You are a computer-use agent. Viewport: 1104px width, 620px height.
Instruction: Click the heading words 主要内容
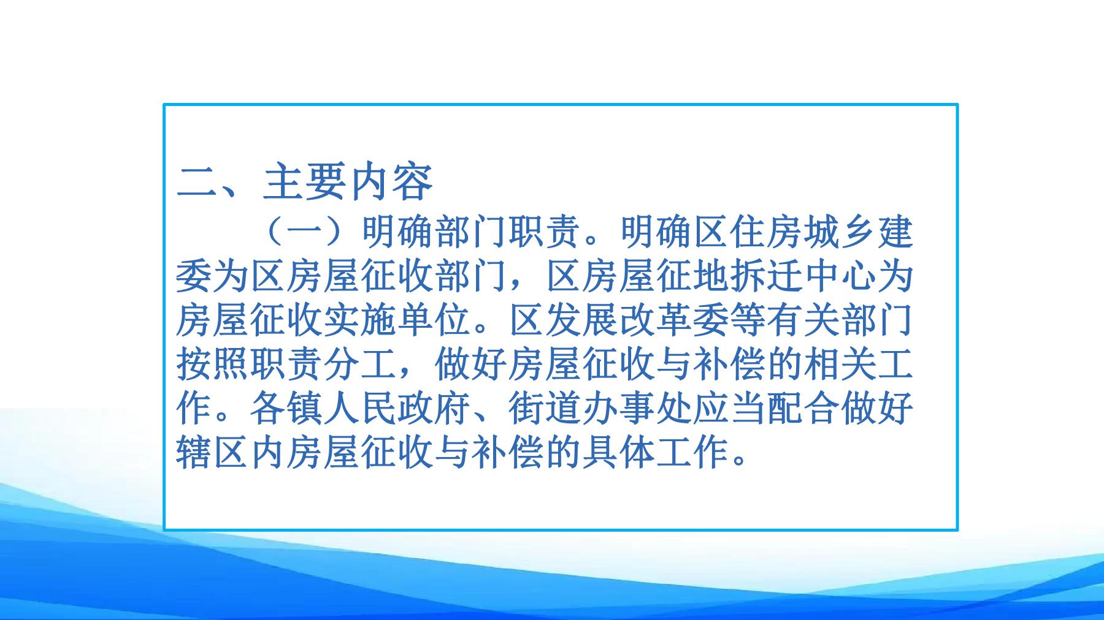348,181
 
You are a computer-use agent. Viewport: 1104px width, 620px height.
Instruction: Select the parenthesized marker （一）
307,232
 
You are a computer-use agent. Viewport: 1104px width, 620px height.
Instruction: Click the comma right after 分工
407,375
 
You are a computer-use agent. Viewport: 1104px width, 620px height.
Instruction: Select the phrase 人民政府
397,409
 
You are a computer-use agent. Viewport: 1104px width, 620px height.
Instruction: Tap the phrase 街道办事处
600,409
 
